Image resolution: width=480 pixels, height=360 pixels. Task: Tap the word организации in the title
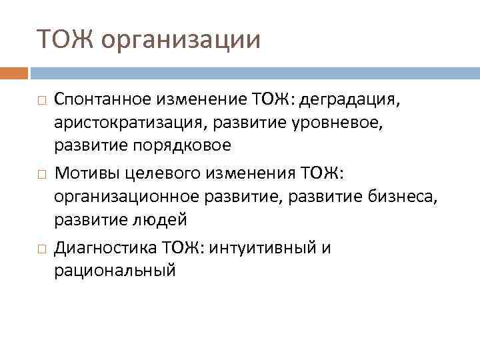coord(181,40)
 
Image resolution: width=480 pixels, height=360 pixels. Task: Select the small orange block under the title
coord(14,73)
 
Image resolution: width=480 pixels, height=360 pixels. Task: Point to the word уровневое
coord(294,123)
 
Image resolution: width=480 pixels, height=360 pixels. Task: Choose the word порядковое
coord(181,145)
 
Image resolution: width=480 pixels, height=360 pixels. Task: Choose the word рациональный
coord(115,271)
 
